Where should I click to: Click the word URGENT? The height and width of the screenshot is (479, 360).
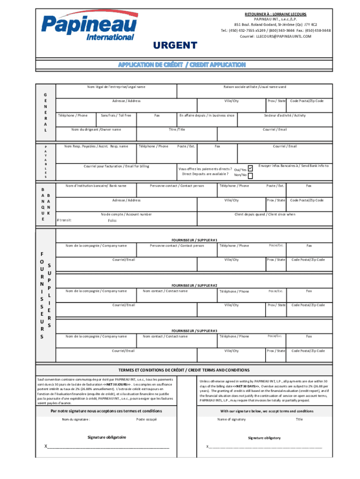pos(175,45)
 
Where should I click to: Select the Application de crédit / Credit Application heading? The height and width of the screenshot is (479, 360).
pos(181,64)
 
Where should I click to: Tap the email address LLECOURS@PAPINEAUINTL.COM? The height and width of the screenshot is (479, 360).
pos(275,36)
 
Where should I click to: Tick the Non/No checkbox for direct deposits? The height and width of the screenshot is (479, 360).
pos(250,176)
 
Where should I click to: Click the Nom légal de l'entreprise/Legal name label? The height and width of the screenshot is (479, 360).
pos(116,87)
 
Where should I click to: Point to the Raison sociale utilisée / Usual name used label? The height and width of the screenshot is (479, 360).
pos(254,87)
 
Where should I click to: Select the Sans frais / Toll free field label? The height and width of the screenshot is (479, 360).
pos(116,115)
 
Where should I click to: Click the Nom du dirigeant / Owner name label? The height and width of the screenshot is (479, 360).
pos(96,129)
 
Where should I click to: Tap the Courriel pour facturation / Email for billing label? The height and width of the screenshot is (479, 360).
pos(116,166)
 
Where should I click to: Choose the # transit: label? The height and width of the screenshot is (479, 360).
pos(64,220)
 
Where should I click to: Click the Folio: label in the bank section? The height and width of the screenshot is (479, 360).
pos(112,220)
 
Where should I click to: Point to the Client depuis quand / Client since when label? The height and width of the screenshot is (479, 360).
pos(265,214)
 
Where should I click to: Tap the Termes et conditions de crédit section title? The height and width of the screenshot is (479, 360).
pos(183,370)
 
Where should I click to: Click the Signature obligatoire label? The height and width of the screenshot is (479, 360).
pos(107,437)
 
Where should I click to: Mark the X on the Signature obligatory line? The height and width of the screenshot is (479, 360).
pos(208,446)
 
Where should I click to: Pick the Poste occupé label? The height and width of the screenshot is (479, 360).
pos(146,419)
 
